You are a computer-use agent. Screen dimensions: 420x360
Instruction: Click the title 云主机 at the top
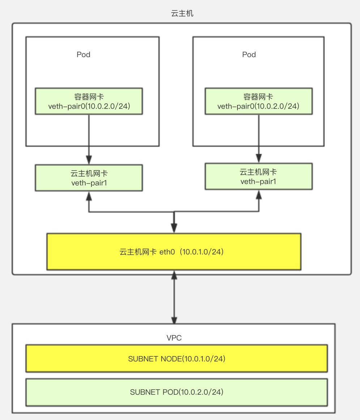click(182, 14)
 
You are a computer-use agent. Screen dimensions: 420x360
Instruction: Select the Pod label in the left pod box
click(83, 55)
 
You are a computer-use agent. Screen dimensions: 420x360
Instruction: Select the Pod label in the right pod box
click(249, 55)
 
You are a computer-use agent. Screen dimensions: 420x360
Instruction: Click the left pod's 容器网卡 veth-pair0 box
click(89, 101)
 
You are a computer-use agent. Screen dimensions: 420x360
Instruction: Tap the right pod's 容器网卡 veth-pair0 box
click(258, 101)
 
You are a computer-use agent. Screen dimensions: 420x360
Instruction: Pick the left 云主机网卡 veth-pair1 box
click(89, 178)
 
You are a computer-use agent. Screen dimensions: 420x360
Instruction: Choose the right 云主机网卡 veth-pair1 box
click(258, 176)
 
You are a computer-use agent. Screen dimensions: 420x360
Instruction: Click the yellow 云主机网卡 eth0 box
click(173, 252)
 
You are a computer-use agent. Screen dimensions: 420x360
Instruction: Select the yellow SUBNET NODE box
click(176, 359)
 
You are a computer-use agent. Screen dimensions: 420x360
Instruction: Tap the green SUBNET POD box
click(176, 392)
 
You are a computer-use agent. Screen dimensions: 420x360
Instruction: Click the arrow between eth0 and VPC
click(174, 296)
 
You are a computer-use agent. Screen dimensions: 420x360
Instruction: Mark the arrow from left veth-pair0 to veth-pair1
click(89, 137)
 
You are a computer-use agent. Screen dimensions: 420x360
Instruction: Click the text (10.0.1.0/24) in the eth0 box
click(203, 252)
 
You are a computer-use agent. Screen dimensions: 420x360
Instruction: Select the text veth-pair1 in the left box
click(89, 183)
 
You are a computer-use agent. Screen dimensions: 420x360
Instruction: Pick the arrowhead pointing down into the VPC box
click(174, 320)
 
